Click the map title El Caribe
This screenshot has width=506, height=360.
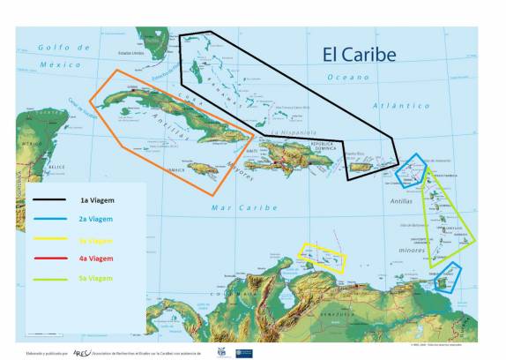tap(357, 54)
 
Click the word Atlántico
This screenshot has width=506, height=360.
tap(402, 105)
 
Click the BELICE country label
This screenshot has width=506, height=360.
tap(33, 166)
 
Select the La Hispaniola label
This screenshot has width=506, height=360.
tap(287, 132)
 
